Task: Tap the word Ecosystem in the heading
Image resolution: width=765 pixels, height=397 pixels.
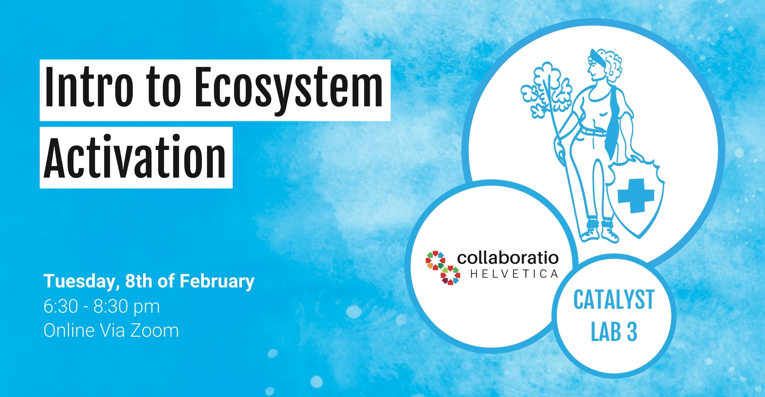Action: click(289, 91)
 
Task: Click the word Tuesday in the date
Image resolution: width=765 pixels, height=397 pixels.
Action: click(81, 282)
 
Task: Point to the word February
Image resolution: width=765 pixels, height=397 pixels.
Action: click(217, 282)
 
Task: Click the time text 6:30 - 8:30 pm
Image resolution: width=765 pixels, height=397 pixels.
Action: click(102, 306)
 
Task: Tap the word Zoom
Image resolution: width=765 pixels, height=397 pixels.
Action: click(154, 330)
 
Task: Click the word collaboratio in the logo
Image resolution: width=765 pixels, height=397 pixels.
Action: click(508, 258)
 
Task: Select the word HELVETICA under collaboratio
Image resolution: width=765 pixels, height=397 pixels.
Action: click(514, 274)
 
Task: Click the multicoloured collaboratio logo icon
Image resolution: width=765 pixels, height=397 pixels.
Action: click(443, 268)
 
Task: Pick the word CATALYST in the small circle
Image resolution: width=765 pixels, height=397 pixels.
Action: click(614, 300)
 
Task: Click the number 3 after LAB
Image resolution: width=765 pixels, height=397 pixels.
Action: click(632, 332)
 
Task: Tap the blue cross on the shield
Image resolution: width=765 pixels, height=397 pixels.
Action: click(636, 196)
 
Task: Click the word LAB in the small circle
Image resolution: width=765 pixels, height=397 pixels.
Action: click(606, 332)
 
